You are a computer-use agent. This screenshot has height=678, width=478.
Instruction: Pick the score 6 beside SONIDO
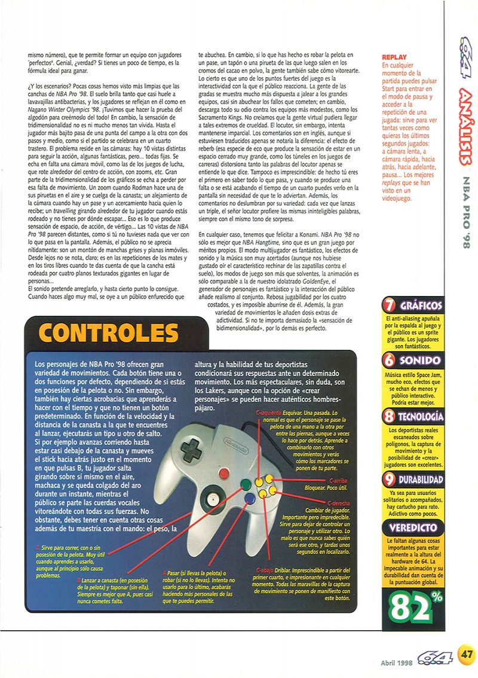click(390, 361)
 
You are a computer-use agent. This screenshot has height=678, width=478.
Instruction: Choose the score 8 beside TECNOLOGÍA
click(390, 417)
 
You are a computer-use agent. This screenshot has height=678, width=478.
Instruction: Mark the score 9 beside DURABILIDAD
click(390, 480)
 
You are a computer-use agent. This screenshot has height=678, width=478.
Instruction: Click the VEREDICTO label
click(413, 528)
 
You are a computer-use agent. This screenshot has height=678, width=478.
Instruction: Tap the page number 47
click(467, 654)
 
